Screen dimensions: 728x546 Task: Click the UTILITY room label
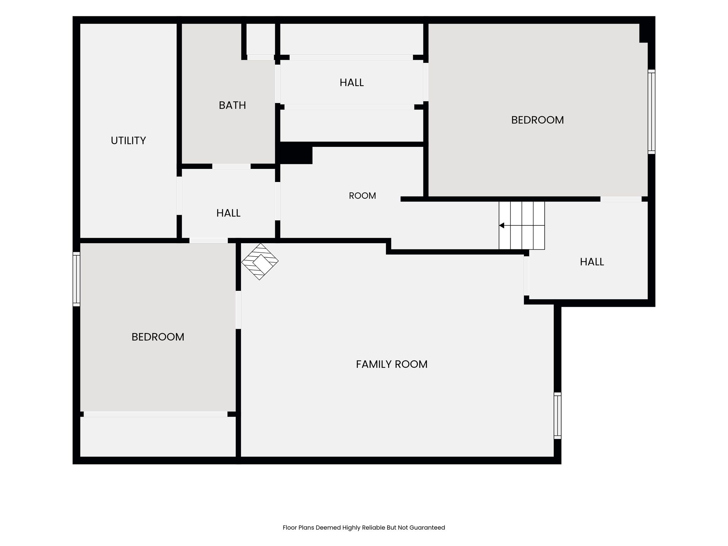point(128,141)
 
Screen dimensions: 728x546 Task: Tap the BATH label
point(232,105)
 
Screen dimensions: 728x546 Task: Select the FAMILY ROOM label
point(392,364)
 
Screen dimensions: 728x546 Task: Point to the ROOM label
point(363,196)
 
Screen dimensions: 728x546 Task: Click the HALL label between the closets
point(352,82)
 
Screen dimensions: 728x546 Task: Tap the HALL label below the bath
point(229,213)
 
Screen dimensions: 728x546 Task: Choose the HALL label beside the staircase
point(592,262)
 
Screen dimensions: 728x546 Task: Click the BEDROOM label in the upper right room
point(537,120)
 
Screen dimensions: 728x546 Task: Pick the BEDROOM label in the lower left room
point(158,337)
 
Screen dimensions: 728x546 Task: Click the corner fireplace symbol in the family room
point(260,262)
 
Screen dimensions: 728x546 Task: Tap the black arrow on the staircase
point(502,225)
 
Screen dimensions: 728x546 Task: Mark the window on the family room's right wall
point(557,416)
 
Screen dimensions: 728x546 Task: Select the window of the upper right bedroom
point(651,112)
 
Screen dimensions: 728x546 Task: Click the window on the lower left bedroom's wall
point(76,279)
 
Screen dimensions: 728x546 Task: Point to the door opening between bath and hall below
point(231,166)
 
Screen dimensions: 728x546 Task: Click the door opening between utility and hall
point(179,196)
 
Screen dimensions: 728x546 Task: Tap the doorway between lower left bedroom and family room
point(238,310)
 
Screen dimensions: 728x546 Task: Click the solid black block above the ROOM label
point(294,153)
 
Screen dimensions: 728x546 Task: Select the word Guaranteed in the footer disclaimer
point(427,528)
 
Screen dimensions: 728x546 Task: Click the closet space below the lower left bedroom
point(158,437)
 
